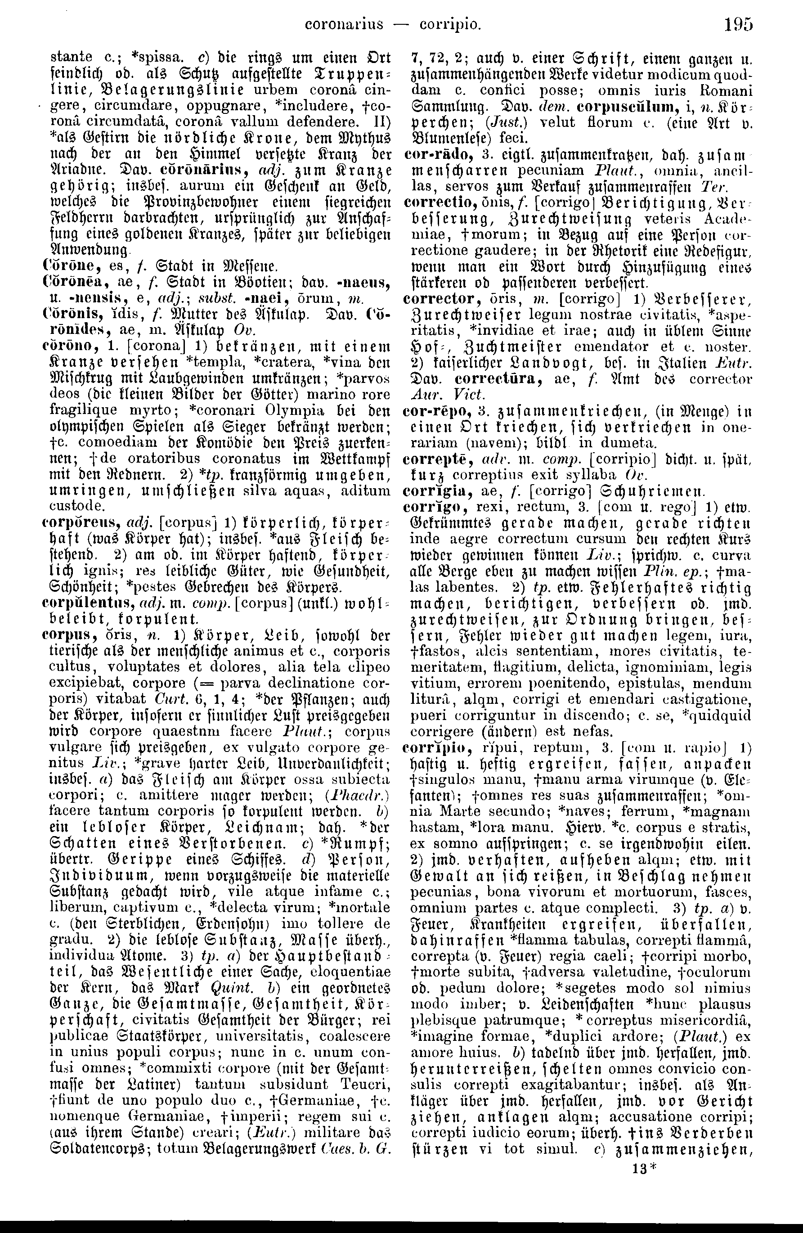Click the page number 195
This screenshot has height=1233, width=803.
point(738,24)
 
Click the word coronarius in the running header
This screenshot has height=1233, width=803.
point(345,24)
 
